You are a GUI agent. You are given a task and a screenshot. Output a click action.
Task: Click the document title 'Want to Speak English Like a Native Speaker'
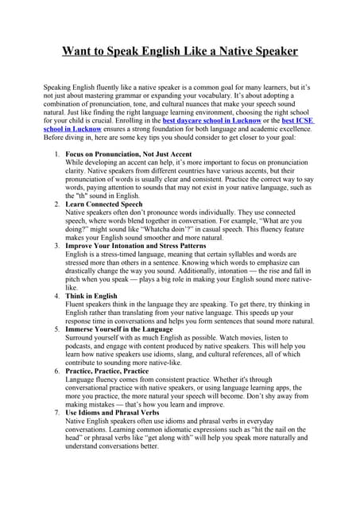tap(180, 52)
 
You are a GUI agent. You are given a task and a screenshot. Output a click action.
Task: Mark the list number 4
tap(56, 296)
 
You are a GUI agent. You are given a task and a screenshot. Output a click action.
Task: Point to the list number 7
tap(56, 412)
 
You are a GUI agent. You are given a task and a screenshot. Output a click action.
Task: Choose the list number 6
tap(56, 371)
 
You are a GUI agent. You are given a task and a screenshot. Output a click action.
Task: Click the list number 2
tap(56, 204)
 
